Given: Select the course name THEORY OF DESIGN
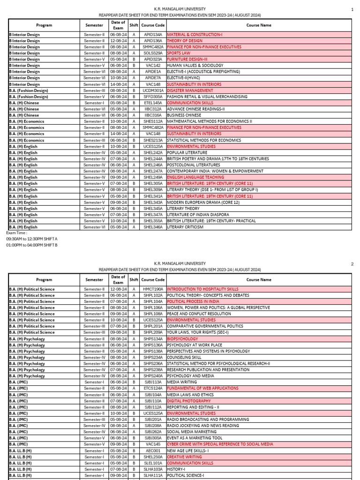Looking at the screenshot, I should [183, 41].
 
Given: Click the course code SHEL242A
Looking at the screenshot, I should [153, 152].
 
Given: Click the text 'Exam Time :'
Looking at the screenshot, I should [16, 232].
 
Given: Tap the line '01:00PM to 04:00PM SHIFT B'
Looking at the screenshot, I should [31, 245].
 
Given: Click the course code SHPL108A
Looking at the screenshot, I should [153, 314].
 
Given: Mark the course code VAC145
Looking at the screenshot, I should [153, 444].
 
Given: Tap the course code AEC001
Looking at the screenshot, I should [153, 450].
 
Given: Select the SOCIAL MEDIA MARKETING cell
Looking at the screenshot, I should [190, 432].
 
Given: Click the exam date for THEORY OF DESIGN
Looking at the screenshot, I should [118, 41].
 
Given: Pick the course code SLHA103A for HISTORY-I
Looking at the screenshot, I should [153, 469].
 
